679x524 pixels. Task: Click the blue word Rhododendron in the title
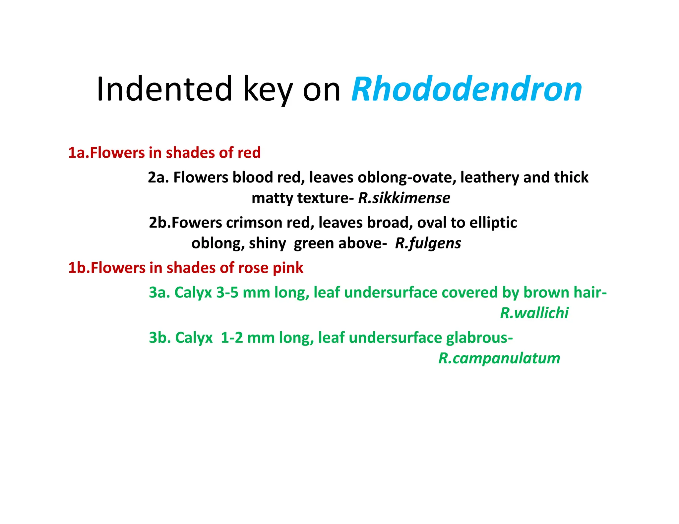(x=466, y=89)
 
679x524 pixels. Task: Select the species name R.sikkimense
(x=404, y=198)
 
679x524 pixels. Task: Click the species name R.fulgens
(x=428, y=243)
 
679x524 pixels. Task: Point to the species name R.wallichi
(x=534, y=313)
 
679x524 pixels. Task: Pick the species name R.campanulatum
(x=499, y=358)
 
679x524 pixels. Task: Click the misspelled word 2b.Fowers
(x=185, y=223)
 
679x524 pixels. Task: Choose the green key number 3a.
(x=159, y=293)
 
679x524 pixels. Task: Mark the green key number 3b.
(x=159, y=338)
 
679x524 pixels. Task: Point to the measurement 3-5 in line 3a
(x=227, y=293)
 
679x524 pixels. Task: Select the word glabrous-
(x=479, y=338)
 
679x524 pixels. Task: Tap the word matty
(x=272, y=198)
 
